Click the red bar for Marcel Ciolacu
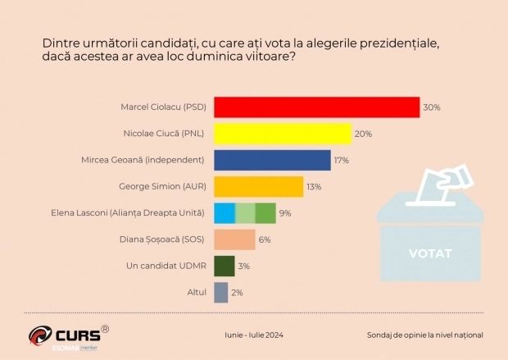[317, 107]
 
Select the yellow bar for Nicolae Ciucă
[283, 134]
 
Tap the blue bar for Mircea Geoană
[273, 160]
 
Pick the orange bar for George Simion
[259, 186]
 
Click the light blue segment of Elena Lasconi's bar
[225, 213]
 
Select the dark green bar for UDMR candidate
[225, 266]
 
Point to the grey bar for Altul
[221, 293]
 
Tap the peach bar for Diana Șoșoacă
[234, 239]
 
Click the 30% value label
[432, 107]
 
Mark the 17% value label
[342, 160]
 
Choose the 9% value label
[285, 213]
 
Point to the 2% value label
[237, 293]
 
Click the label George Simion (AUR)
[162, 186]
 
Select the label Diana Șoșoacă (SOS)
[162, 239]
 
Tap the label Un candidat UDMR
[166, 266]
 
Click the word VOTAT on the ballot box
[430, 253]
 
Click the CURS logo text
[78, 335]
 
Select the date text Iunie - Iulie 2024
[254, 335]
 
